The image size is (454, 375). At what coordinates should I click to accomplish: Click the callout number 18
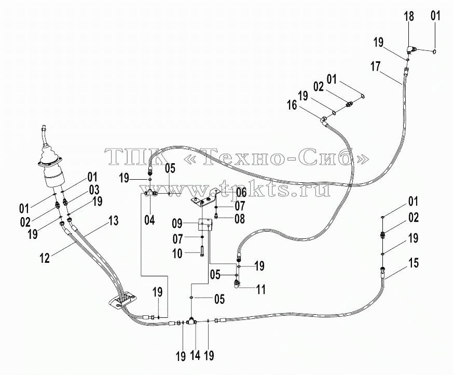click(409, 16)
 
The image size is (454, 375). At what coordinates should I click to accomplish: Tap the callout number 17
click(375, 67)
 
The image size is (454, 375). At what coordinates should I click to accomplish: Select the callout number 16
click(293, 105)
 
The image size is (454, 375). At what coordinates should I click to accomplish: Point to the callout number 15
click(414, 263)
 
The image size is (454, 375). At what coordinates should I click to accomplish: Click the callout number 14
click(196, 355)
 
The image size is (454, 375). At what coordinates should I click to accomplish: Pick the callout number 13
click(114, 221)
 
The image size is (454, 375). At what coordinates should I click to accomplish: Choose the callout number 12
click(45, 258)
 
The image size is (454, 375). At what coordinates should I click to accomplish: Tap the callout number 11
click(261, 289)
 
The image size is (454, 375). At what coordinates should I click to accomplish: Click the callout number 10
click(177, 254)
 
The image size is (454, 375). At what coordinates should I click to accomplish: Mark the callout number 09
click(177, 224)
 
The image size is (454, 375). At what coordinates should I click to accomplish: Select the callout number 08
click(240, 219)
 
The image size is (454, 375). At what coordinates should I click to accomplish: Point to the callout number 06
click(241, 192)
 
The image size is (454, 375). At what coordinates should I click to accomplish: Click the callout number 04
click(150, 220)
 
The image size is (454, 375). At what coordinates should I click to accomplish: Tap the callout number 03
click(94, 190)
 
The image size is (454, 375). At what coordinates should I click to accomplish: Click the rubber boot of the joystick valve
click(49, 156)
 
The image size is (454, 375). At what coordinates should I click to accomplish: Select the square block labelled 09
click(205, 224)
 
